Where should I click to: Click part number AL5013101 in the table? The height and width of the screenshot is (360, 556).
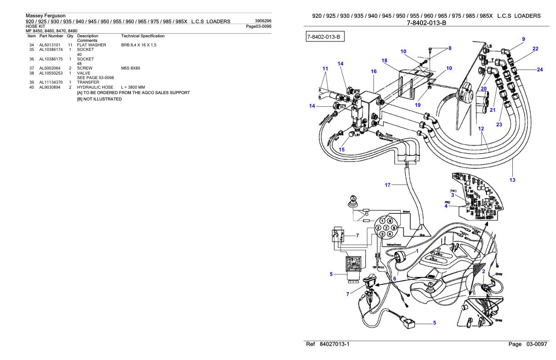[50, 45]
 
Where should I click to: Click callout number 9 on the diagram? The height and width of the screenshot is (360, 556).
[524, 39]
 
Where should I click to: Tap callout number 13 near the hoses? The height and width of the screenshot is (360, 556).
[512, 180]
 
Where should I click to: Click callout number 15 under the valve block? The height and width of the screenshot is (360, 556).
[342, 149]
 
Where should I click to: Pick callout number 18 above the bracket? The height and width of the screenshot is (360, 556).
[384, 60]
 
